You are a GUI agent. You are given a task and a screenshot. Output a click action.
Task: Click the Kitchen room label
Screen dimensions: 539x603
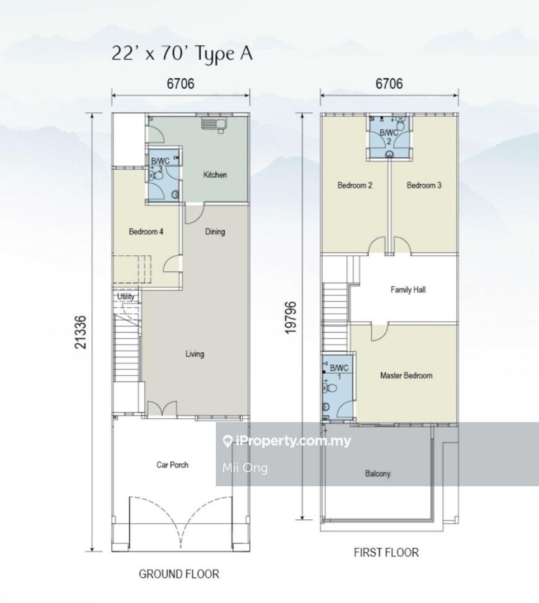pos(215,175)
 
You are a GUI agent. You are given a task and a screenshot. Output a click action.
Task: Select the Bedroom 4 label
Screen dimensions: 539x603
pos(146,232)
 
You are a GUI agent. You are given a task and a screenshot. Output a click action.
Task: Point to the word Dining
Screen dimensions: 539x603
pos(215,232)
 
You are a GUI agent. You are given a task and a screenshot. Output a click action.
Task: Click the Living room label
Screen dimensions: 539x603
pos(195,354)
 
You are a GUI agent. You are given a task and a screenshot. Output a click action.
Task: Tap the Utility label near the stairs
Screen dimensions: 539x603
pos(125,296)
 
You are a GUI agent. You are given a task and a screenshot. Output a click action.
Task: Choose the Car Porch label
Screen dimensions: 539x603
pos(172,465)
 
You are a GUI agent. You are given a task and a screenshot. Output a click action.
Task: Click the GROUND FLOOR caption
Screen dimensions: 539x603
pos(179,574)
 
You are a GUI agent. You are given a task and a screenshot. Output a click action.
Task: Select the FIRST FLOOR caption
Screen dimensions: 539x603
pos(386,553)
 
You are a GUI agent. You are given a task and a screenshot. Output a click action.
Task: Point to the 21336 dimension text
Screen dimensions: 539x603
pos(81,332)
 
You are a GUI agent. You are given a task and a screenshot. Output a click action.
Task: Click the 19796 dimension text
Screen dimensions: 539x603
pos(291,318)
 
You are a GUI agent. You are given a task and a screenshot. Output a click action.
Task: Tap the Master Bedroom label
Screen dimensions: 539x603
pos(406,375)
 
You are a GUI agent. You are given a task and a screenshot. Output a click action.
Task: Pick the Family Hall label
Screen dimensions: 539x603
pos(408,290)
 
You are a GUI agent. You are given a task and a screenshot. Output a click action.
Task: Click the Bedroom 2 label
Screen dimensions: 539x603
pos(355,185)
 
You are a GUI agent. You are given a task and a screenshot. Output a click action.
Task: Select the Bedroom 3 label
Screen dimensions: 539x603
pos(424,185)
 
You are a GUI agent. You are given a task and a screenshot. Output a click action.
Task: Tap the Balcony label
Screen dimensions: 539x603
pos(377,473)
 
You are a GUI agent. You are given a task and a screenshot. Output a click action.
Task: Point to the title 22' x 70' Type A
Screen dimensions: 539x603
pos(182,54)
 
